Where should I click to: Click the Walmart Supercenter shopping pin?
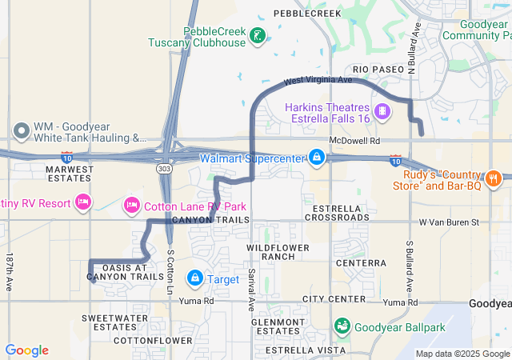(317, 157)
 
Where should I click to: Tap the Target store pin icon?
(194, 278)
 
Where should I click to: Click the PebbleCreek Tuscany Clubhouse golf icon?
(258, 35)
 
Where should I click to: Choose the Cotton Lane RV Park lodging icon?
(131, 206)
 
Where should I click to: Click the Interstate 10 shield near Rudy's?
(396, 162)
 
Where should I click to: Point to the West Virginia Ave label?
(318, 81)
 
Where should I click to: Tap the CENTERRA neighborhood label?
(361, 262)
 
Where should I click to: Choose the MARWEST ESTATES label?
(69, 173)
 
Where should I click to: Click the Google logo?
(26, 350)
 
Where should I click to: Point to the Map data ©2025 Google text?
(462, 354)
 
